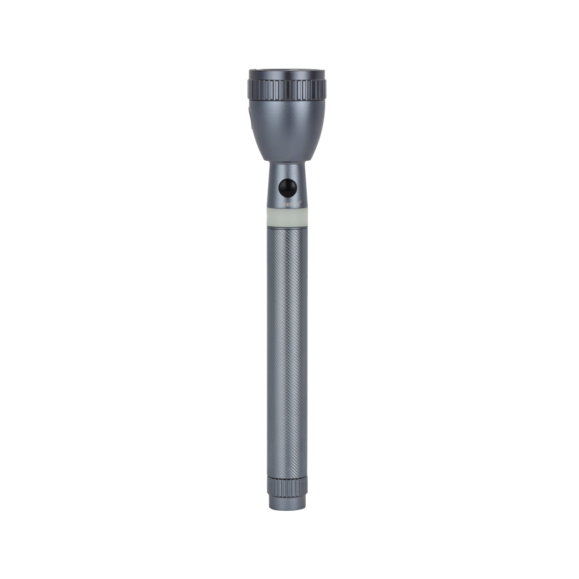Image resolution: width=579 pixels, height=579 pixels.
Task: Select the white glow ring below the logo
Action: point(287,217)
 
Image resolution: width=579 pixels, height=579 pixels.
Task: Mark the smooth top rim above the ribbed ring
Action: point(287,74)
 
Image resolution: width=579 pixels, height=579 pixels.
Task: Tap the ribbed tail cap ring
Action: point(287,486)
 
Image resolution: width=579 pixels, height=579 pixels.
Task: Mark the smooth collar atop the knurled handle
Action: point(287,229)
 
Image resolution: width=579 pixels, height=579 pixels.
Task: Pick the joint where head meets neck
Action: point(287,162)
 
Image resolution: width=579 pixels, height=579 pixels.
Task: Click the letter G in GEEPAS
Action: point(278,204)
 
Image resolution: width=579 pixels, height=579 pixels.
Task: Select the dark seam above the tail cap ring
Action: point(287,476)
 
